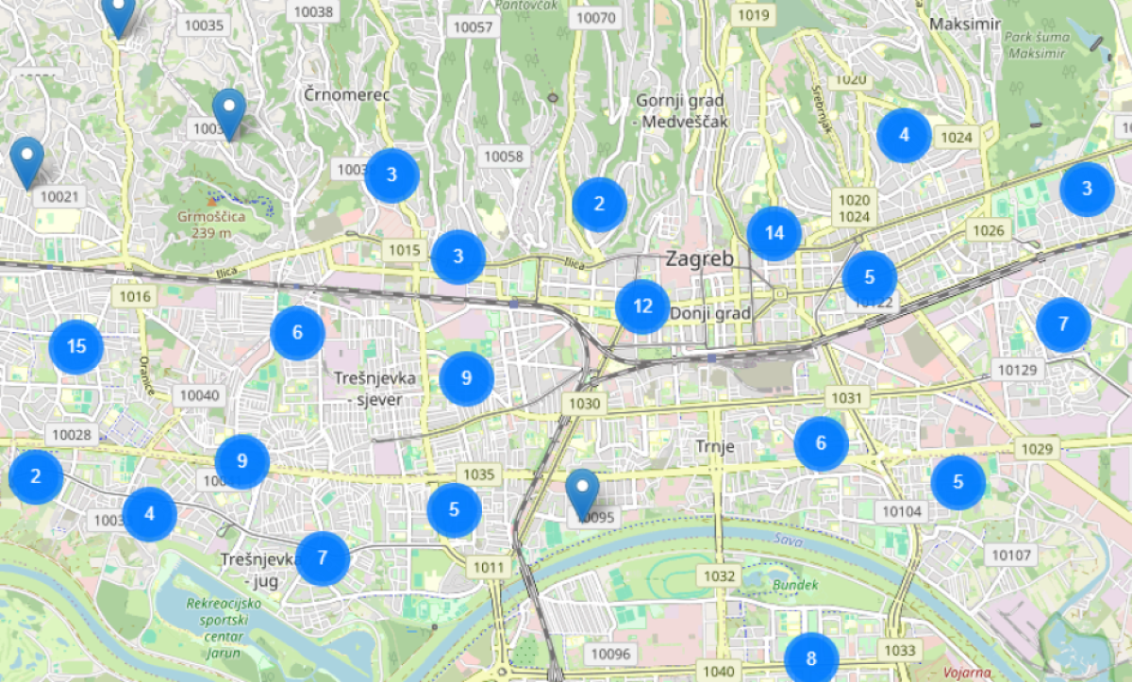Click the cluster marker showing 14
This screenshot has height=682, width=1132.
(x=774, y=233)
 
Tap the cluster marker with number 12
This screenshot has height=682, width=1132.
(x=642, y=307)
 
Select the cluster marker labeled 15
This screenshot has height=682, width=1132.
(x=76, y=347)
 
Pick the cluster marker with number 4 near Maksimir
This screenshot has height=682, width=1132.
(x=904, y=136)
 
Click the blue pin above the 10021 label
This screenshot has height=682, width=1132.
(x=27, y=161)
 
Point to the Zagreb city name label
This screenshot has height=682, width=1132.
(x=699, y=258)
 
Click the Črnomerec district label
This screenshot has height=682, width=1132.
(x=347, y=94)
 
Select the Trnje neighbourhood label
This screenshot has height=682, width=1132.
(x=714, y=446)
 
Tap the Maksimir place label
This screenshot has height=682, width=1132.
(x=964, y=24)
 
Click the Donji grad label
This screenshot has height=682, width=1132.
(x=710, y=313)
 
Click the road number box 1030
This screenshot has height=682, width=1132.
(x=585, y=404)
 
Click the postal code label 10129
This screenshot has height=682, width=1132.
(x=1017, y=371)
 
